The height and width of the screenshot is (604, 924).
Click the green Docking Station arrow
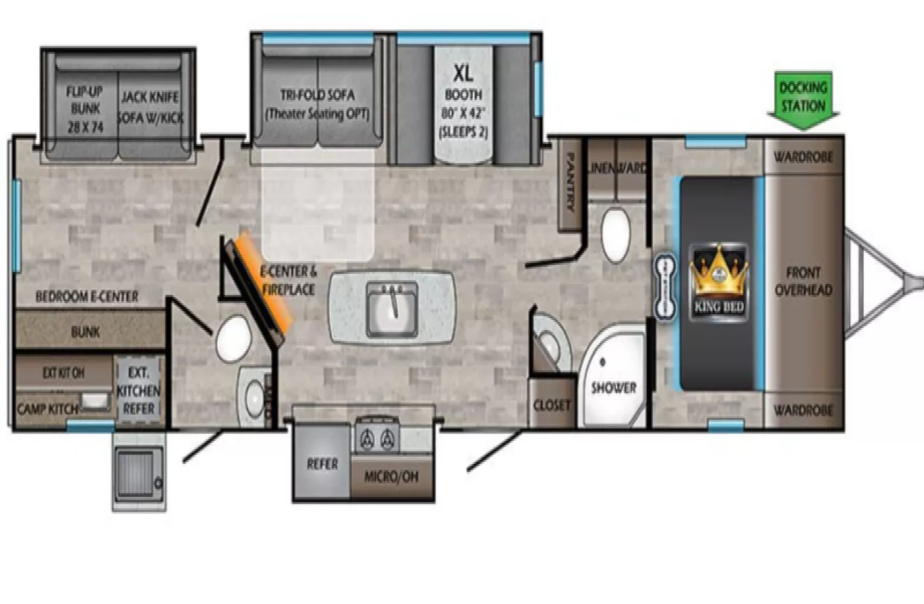click(803, 99)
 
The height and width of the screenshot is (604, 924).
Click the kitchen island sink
click(392, 307)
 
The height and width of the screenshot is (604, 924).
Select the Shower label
click(613, 388)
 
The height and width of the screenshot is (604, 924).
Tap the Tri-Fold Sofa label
click(317, 104)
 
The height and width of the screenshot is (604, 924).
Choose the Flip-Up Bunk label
click(85, 109)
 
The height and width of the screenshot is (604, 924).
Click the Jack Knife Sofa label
click(150, 107)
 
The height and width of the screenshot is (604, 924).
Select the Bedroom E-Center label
click(87, 297)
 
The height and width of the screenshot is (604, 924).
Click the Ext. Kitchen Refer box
click(138, 390)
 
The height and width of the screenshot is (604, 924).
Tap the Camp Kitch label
click(47, 409)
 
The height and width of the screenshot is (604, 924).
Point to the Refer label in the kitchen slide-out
click(322, 464)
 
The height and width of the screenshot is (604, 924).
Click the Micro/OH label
click(391, 476)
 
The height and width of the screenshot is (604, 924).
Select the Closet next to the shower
click(552, 405)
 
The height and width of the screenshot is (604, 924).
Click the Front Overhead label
click(803, 282)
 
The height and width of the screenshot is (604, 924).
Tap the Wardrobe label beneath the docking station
click(803, 157)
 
